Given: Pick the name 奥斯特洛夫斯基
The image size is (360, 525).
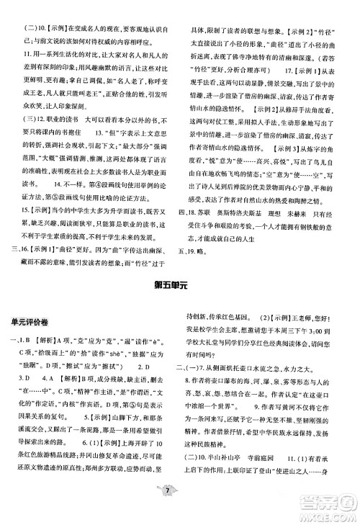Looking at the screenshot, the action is [246, 234].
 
